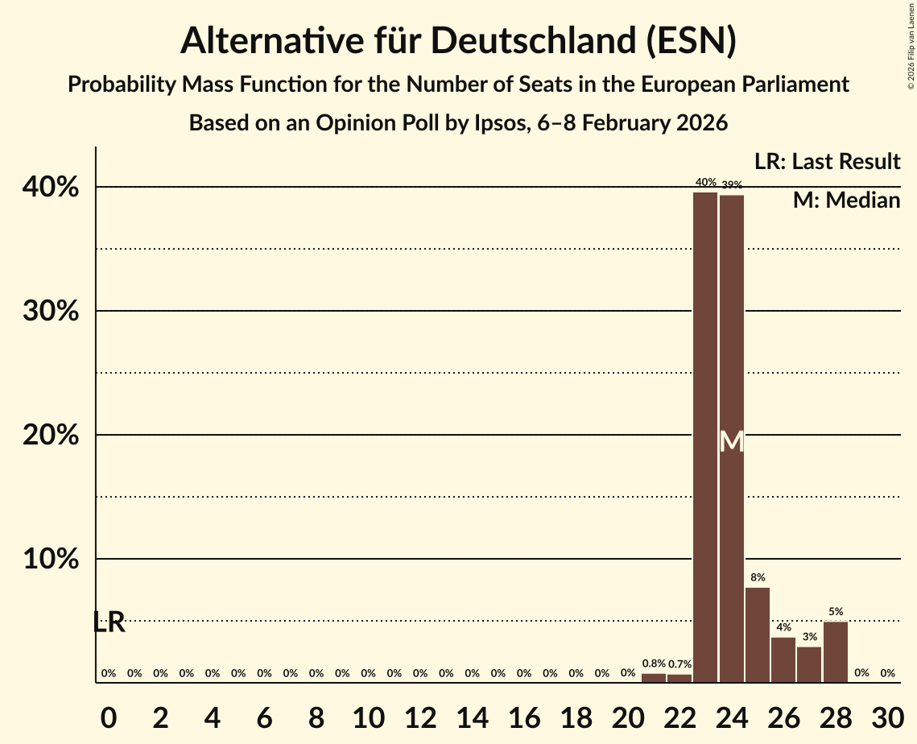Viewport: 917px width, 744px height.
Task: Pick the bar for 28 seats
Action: tap(835, 651)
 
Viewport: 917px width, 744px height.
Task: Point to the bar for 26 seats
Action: tap(783, 659)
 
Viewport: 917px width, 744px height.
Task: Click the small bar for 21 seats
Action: tap(654, 678)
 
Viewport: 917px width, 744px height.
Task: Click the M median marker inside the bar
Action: tap(731, 442)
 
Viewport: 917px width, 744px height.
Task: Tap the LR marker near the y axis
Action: tap(109, 622)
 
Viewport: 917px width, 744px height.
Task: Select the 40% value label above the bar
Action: tap(705, 183)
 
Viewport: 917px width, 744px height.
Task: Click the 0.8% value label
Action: tap(654, 663)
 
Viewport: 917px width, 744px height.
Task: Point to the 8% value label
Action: tap(758, 577)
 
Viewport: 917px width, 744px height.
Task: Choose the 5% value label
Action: tap(835, 612)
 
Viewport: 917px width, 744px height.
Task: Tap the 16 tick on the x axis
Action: tap(523, 715)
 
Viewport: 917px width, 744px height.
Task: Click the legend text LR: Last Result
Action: tap(827, 162)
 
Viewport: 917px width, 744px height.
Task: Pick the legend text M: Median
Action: tap(846, 200)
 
